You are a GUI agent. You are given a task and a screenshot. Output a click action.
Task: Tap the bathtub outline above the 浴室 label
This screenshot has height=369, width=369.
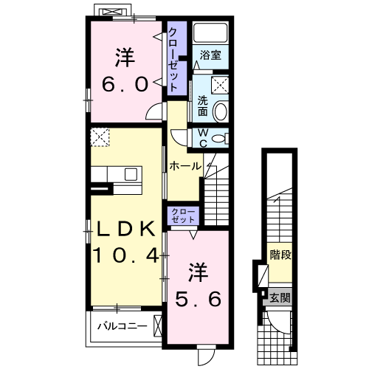pyautogui.click(x=211, y=34)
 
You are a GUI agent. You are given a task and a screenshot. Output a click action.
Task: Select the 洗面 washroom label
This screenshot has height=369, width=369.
pyautogui.click(x=201, y=106)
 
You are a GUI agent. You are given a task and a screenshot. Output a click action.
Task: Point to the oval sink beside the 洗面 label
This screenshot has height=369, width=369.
pyautogui.click(x=220, y=111)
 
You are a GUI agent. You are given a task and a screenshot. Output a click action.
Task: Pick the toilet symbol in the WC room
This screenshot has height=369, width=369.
pyautogui.click(x=221, y=137)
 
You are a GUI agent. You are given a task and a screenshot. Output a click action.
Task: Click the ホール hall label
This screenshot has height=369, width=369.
pyautogui.click(x=184, y=167)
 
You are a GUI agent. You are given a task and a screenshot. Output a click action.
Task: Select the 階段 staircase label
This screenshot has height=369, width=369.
pyautogui.click(x=280, y=256)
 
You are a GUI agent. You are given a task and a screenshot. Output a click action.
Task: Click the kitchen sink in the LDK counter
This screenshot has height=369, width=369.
pyautogui.click(x=131, y=175)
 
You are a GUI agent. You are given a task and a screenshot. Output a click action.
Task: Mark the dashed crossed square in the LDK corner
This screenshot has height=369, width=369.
pyautogui.click(x=100, y=137)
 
